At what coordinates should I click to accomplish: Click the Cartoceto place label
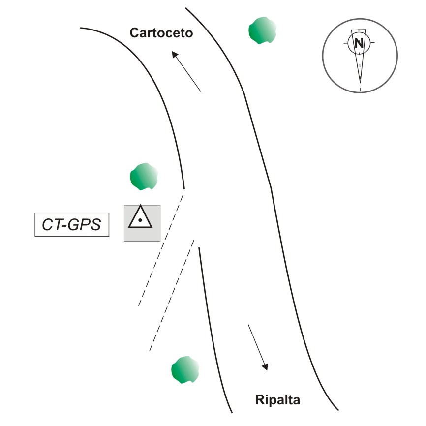(x=161, y=33)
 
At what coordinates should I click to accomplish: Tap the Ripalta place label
(x=277, y=399)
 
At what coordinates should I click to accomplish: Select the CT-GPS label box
(x=72, y=225)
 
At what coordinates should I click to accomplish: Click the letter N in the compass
(x=360, y=43)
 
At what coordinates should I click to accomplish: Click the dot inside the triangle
(x=141, y=221)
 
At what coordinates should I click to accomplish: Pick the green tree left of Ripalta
(x=185, y=370)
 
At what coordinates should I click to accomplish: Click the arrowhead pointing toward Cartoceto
(x=175, y=54)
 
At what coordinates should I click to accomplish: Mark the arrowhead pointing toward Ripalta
(x=265, y=366)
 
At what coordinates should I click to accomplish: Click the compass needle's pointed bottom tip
(x=360, y=82)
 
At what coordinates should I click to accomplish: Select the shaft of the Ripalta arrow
(x=256, y=344)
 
